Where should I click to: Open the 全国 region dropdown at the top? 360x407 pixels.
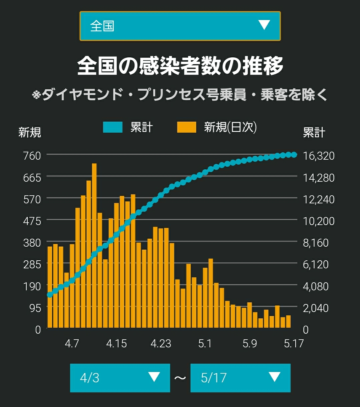(180, 26)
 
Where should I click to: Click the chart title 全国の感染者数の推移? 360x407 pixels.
(180, 66)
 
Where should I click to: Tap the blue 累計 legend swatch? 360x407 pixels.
(113, 127)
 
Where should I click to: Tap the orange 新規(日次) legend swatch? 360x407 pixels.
(187, 127)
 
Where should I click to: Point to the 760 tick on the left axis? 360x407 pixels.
(32, 156)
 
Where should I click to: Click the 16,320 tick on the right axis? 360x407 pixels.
(319, 156)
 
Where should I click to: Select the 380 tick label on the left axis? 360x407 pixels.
(32, 243)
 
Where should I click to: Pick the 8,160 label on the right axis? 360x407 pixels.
(316, 243)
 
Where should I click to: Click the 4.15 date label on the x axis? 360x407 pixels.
(116, 344)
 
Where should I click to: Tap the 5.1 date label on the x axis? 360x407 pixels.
(205, 344)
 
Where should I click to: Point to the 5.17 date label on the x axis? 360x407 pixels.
(294, 344)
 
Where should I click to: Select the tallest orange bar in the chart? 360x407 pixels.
(94, 245)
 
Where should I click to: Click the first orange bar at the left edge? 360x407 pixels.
(50, 287)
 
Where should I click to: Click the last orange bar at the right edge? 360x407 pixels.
(288, 322)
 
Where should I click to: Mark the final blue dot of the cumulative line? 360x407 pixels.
(294, 155)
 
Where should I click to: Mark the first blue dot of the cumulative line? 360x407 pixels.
(50, 295)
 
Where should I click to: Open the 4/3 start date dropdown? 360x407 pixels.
(120, 378)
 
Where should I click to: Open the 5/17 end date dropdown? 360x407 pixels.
(240, 378)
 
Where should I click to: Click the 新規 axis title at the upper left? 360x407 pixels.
(30, 133)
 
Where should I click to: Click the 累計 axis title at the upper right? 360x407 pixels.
(314, 133)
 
